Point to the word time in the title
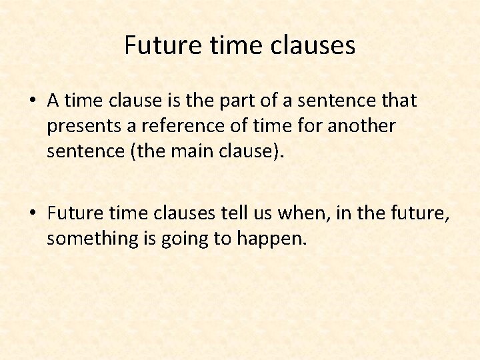[x=222, y=45]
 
